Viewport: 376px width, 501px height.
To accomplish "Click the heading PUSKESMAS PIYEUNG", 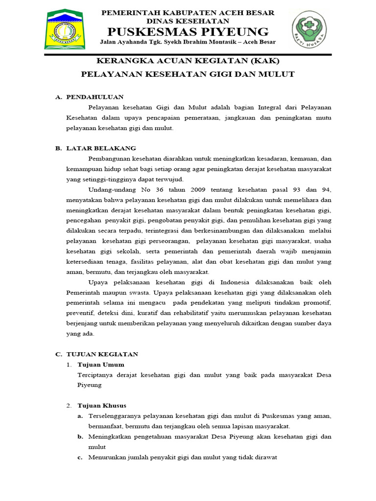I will point(188,32).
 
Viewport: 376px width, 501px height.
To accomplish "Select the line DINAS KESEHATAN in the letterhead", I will point(188,21).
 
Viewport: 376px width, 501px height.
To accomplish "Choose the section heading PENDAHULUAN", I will point(95,97).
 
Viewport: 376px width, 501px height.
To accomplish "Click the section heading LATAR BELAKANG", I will point(101,148).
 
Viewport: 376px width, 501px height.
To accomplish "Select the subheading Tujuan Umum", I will point(101,364).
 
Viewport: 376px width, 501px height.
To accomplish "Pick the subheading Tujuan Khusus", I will point(102,406).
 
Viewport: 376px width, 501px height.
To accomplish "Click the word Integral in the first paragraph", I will point(256,107).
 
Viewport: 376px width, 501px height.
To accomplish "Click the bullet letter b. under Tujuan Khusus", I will point(80,436).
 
